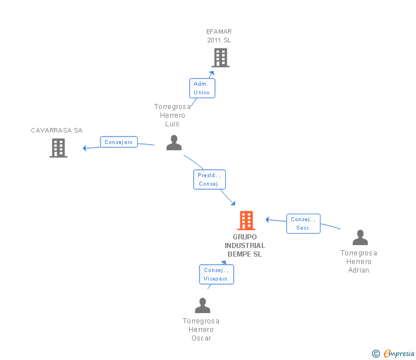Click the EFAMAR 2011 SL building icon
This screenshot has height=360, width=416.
click(221, 58)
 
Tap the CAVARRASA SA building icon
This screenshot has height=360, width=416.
click(58, 148)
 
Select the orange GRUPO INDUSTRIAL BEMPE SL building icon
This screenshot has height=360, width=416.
click(246, 220)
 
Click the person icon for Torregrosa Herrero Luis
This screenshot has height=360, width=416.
click(174, 143)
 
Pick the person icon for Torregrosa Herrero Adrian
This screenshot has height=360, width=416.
click(360, 237)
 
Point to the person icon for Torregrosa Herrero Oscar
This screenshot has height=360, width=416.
click(202, 306)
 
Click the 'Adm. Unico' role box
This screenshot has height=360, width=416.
click(202, 88)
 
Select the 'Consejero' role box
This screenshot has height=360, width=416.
click(119, 142)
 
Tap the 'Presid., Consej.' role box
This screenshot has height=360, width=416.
click(209, 179)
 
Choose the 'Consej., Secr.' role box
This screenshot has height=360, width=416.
click(303, 223)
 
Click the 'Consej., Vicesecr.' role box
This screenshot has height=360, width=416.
click(216, 274)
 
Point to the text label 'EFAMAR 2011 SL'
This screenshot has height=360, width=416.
click(219, 36)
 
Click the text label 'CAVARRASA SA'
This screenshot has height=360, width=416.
click(57, 130)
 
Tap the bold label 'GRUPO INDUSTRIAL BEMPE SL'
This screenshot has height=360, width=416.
click(245, 246)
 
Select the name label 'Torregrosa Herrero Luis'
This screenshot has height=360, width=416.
click(172, 115)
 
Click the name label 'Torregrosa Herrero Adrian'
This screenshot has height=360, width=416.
click(359, 262)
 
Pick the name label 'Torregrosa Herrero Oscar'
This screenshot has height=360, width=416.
click(201, 330)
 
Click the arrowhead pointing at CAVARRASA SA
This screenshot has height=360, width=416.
click(85, 148)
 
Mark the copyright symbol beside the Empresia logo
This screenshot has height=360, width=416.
click(376, 354)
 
